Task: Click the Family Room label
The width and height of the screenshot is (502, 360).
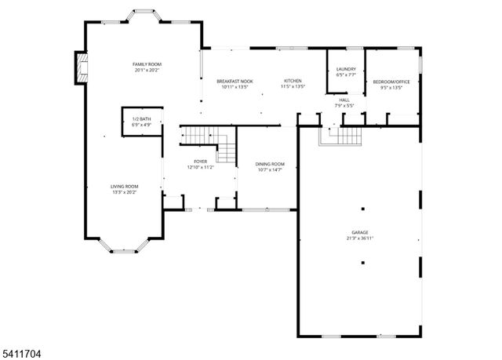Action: pyautogui.click(x=147, y=64)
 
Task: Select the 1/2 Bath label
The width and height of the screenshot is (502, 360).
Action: pyautogui.click(x=141, y=118)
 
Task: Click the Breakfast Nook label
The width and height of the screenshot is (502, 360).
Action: pyautogui.click(x=235, y=82)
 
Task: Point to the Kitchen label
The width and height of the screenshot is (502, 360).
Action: pyautogui.click(x=293, y=82)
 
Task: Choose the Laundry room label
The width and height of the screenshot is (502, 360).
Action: pyautogui.click(x=346, y=70)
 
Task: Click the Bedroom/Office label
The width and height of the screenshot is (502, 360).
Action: pyautogui.click(x=391, y=82)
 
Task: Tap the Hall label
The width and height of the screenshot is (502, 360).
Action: pyautogui.click(x=344, y=100)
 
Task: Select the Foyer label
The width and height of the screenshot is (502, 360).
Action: pyautogui.click(x=201, y=162)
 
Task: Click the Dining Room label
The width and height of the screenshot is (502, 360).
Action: pyautogui.click(x=270, y=164)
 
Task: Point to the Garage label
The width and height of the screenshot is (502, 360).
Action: pyautogui.click(x=360, y=233)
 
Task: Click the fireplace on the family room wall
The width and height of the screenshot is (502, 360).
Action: pyautogui.click(x=80, y=67)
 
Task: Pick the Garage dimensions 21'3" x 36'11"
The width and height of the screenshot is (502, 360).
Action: pyautogui.click(x=360, y=238)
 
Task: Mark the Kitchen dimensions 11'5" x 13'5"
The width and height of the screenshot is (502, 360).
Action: pyautogui.click(x=293, y=87)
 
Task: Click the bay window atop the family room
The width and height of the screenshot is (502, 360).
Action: pyautogui.click(x=146, y=15)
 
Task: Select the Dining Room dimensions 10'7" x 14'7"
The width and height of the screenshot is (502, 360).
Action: pyautogui.click(x=270, y=169)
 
